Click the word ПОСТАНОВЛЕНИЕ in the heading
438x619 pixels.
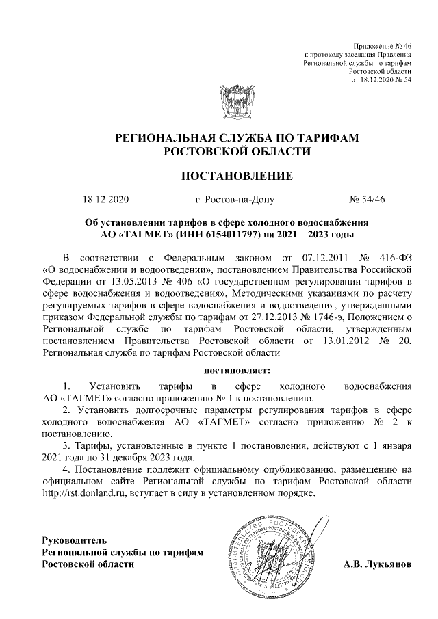(236, 176)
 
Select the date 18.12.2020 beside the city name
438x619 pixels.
(105, 200)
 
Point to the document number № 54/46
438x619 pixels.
(368, 200)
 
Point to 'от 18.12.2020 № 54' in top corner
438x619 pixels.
(381, 79)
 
